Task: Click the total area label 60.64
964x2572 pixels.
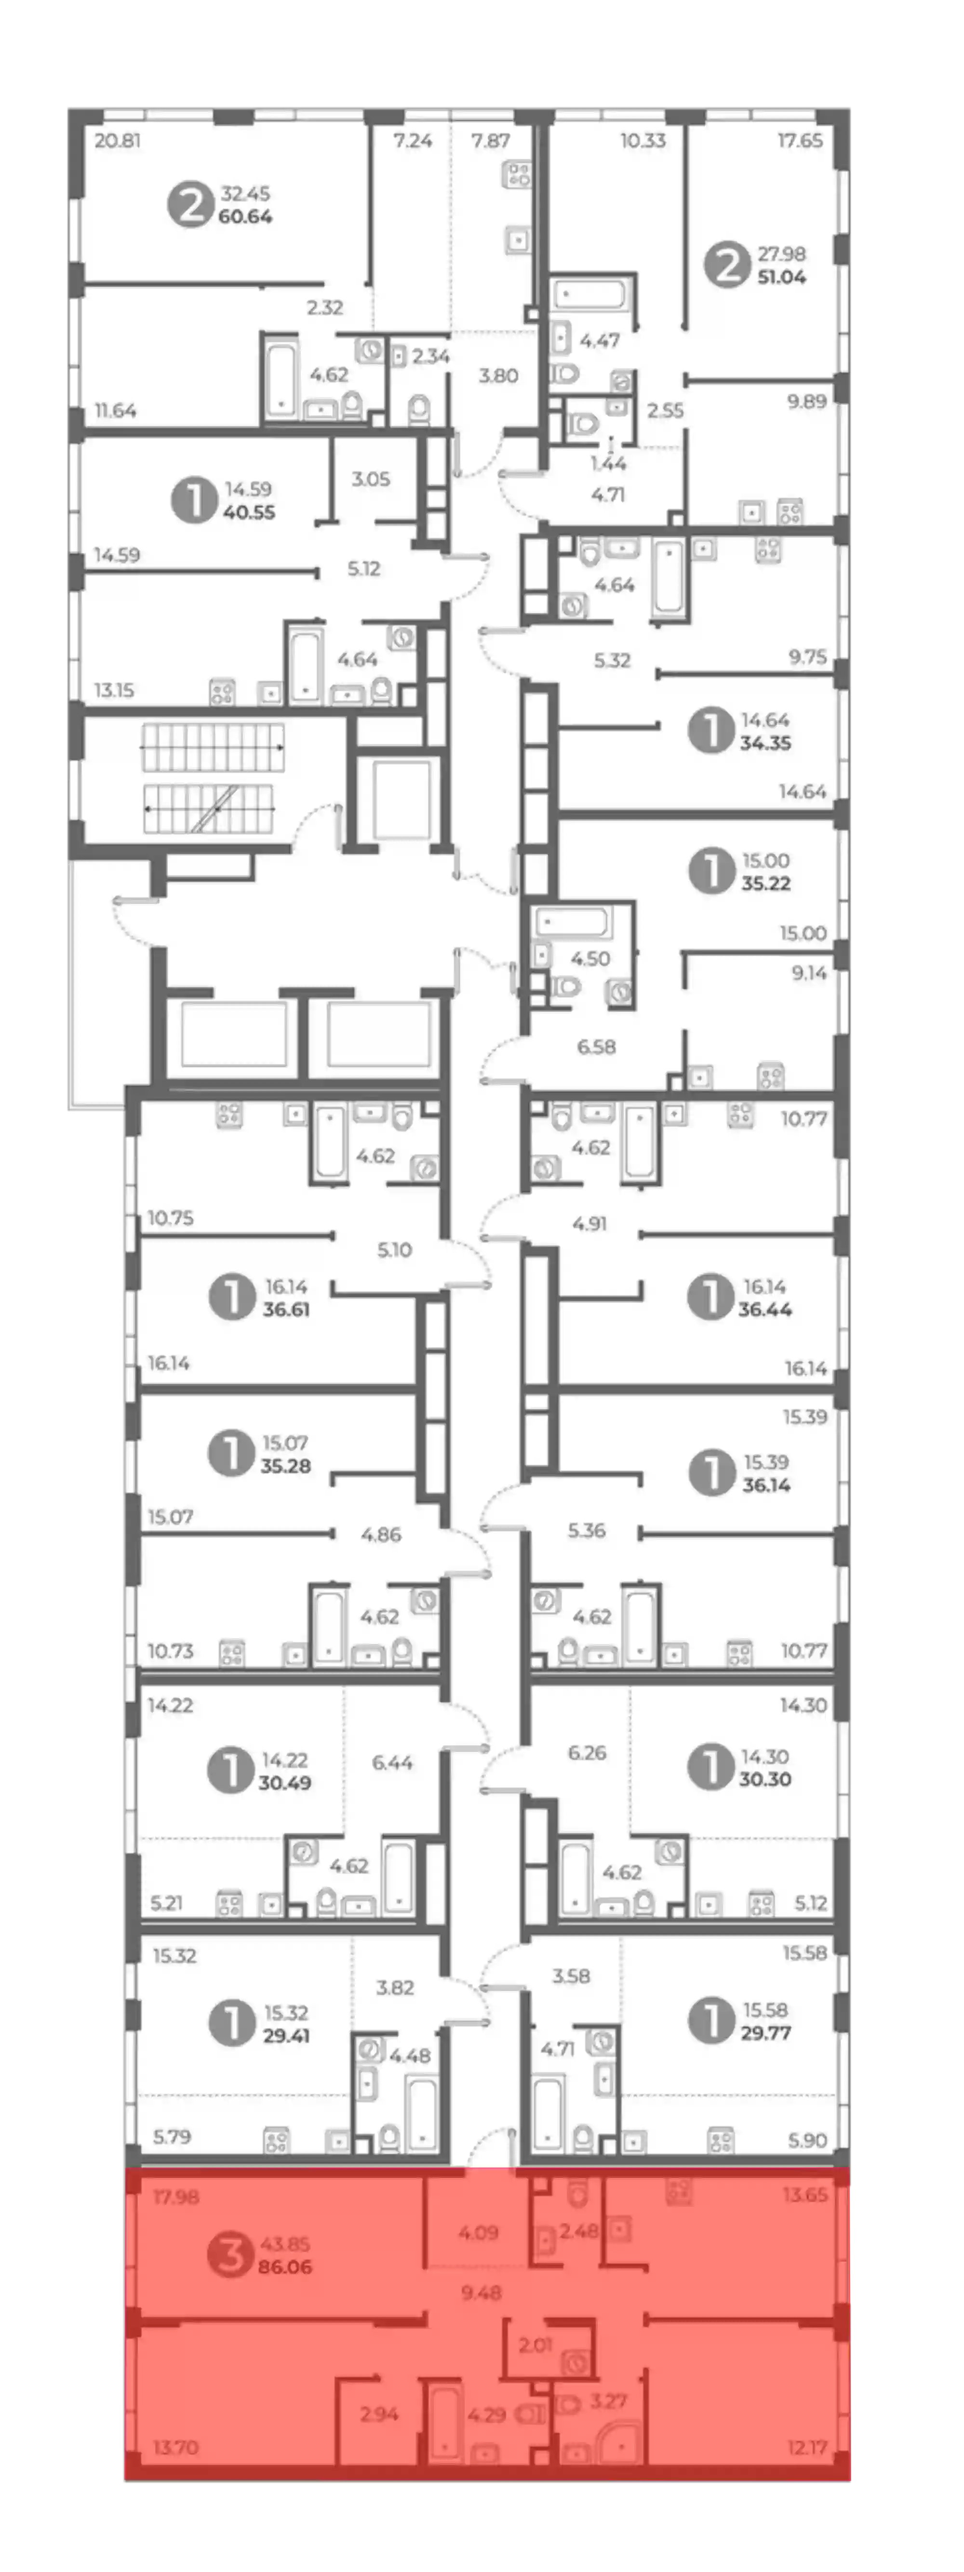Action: point(245,217)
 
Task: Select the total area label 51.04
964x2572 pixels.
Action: point(781,278)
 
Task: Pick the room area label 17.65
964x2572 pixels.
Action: point(800,141)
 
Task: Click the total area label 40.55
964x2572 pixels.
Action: point(249,512)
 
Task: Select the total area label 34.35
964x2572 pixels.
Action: point(765,743)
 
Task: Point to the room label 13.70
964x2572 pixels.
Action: point(176,2447)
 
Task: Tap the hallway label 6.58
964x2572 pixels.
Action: point(596,1047)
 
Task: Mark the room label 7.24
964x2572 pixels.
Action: point(413,141)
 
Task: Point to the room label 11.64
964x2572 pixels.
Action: point(116,411)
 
